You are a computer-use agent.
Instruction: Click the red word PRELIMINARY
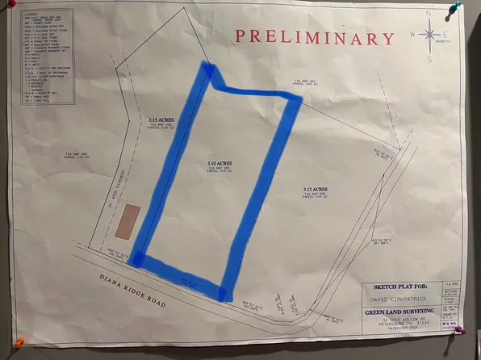click(316, 37)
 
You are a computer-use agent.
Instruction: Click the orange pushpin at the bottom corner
click(19, 342)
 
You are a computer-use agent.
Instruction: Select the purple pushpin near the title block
click(459, 329)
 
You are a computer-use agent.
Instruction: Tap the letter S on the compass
click(429, 58)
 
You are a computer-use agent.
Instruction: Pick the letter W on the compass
click(411, 36)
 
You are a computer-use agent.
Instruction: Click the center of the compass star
click(429, 36)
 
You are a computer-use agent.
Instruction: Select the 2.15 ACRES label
click(161, 120)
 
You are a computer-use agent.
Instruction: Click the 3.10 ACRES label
click(207, 163)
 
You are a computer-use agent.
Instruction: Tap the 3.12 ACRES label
click(314, 189)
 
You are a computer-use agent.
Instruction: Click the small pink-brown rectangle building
click(127, 221)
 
